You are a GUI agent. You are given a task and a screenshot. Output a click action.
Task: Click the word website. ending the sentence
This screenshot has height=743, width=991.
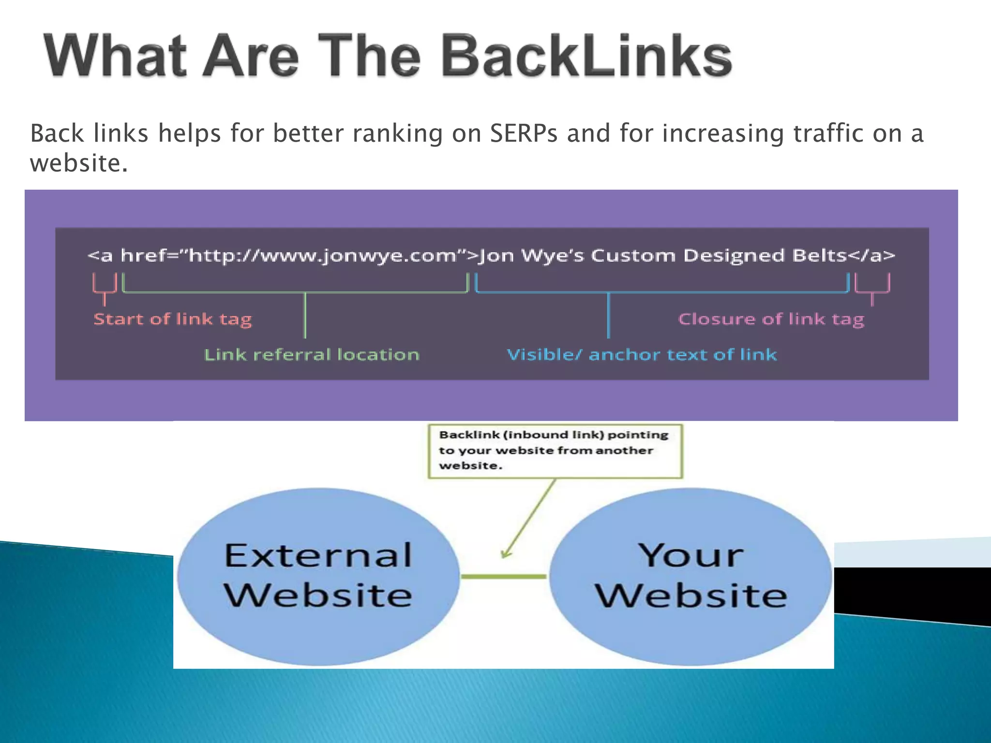(79, 163)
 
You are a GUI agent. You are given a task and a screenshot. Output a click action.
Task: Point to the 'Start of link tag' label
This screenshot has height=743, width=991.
(173, 319)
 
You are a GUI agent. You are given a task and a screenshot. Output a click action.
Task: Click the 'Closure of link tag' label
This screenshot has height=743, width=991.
(771, 319)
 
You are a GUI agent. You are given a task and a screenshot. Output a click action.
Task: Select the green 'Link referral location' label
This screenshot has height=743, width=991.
(312, 355)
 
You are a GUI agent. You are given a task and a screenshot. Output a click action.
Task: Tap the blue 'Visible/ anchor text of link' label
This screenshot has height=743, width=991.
(642, 355)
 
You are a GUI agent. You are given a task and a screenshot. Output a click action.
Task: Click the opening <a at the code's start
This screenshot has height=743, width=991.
(100, 255)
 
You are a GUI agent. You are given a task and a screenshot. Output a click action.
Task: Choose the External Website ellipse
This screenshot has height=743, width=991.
(318, 576)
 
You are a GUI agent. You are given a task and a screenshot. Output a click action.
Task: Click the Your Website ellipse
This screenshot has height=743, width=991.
(691, 576)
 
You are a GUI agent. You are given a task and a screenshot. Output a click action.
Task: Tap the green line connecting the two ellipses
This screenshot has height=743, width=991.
(504, 576)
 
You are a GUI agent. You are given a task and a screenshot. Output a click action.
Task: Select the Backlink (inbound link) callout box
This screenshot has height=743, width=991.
(555, 451)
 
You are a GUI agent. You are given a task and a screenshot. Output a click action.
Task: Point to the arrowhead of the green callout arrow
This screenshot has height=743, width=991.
(505, 555)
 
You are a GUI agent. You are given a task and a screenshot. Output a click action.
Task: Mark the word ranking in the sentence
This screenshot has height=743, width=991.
(397, 134)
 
